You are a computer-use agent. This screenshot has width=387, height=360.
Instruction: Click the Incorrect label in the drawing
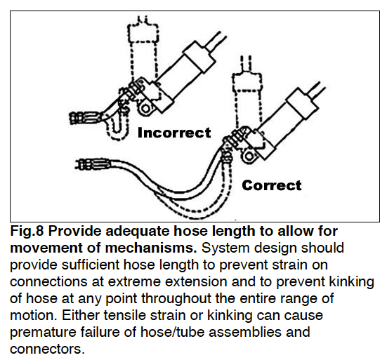(x=173, y=133)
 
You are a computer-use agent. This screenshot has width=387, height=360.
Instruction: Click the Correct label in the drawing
(x=271, y=185)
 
